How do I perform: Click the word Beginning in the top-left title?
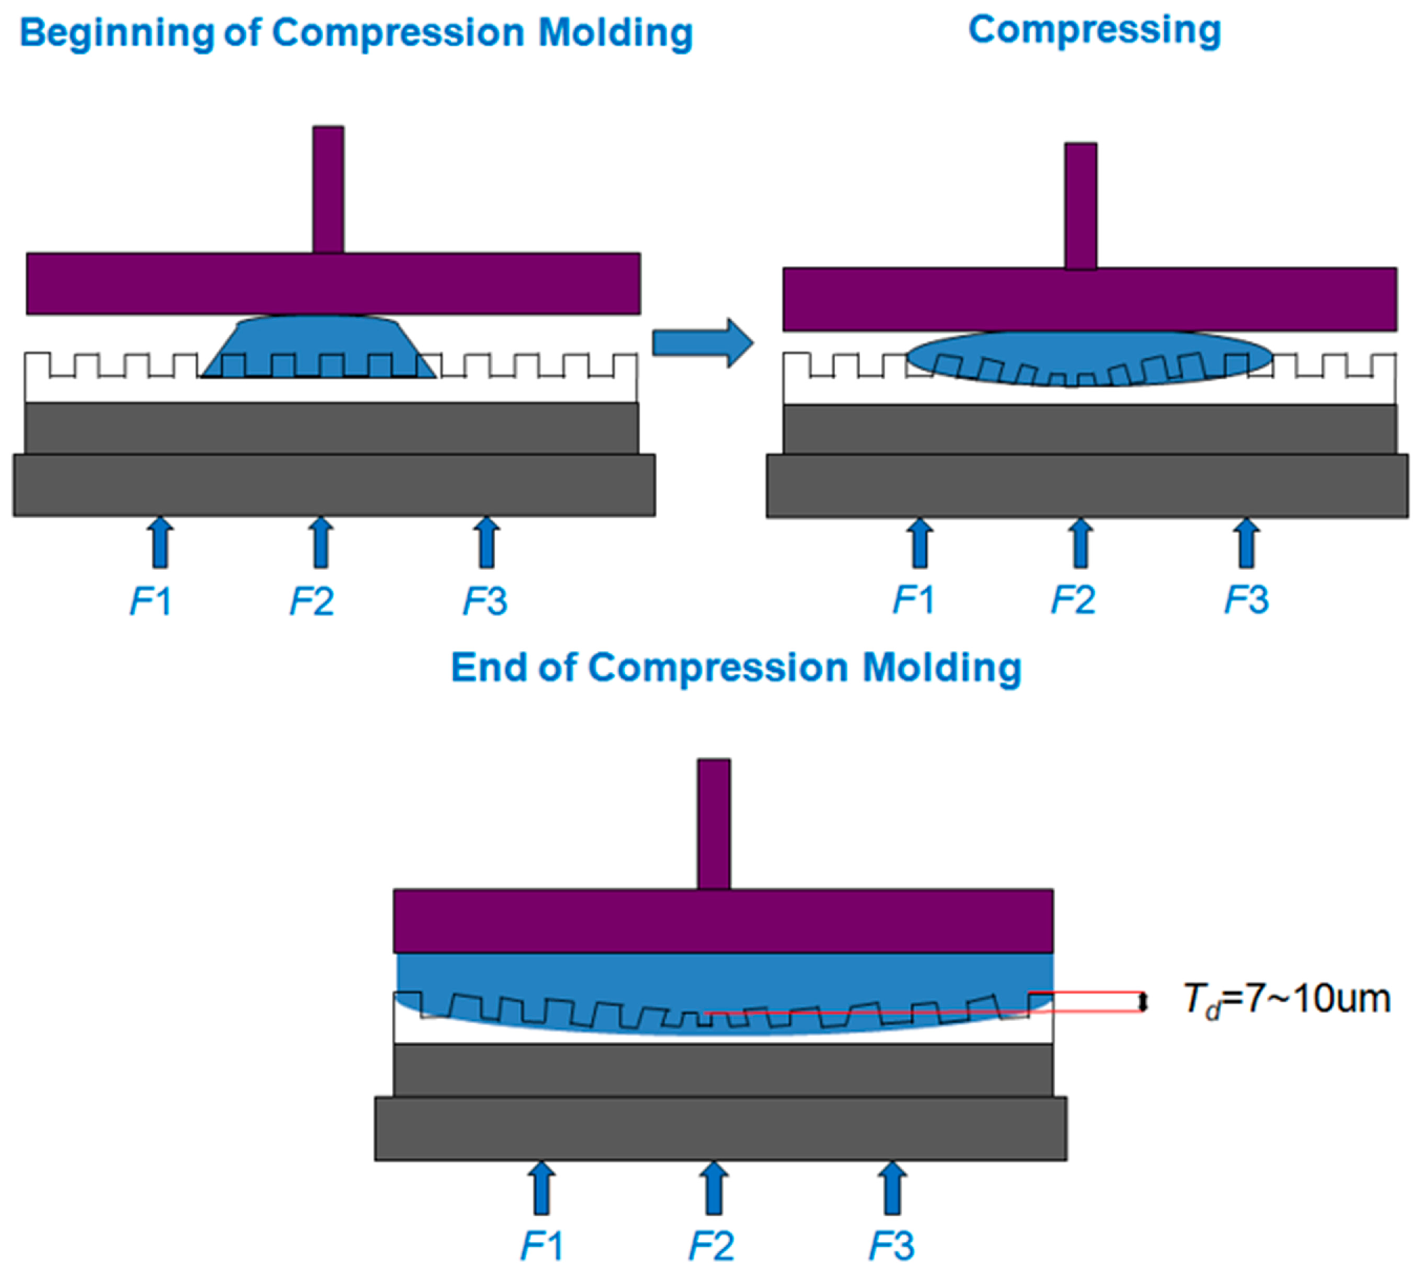[117, 34]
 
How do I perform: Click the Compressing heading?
[1094, 31]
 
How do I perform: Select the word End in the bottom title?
[489, 667]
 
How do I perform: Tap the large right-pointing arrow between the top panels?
[703, 343]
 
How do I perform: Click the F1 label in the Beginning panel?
[151, 601]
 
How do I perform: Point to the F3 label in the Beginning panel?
[485, 601]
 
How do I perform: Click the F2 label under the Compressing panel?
[1073, 600]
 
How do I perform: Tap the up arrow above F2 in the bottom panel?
[714, 1187]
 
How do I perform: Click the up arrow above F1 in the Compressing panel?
[919, 543]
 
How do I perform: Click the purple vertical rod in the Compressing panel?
[1081, 206]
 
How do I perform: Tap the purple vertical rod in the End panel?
[714, 824]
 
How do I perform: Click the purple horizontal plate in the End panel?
[722, 920]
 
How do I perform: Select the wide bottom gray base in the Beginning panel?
[334, 485]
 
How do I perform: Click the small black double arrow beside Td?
[1143, 1001]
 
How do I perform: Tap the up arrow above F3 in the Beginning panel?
[486, 543]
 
